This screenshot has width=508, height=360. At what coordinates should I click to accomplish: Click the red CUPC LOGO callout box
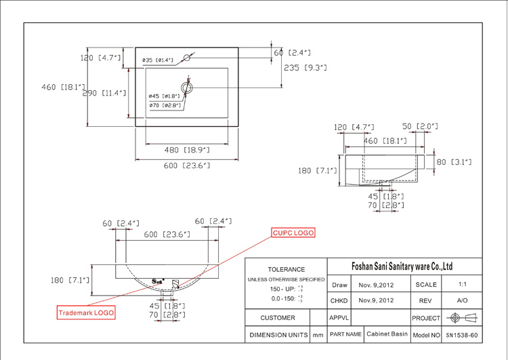click(x=293, y=233)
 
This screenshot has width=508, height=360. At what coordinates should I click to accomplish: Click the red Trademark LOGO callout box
click(x=85, y=313)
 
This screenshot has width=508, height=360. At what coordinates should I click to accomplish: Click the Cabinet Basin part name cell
click(x=387, y=334)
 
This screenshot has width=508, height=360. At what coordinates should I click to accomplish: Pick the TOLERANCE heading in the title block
click(x=286, y=269)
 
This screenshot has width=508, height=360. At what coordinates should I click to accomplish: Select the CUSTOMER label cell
click(x=278, y=317)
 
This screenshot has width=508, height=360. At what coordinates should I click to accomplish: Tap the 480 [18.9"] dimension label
click(x=188, y=150)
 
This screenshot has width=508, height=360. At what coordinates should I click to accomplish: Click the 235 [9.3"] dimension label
click(x=305, y=68)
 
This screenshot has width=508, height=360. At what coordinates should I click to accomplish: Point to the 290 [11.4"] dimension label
click(x=104, y=94)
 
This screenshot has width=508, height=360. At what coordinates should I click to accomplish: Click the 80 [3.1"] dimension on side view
click(x=454, y=162)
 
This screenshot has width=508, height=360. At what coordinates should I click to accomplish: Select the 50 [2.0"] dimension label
click(x=420, y=127)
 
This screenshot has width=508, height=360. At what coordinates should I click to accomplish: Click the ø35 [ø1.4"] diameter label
click(x=158, y=60)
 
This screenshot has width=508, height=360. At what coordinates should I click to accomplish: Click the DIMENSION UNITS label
click(x=278, y=335)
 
